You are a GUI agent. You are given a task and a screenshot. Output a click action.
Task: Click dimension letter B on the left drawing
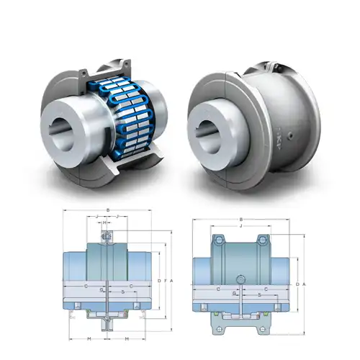click(x=107, y=210)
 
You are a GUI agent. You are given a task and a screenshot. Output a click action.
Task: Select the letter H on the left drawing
click(x=106, y=222)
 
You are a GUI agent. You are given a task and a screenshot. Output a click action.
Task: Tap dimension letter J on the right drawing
click(x=240, y=226)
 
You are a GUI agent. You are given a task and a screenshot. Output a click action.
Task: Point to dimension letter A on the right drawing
click(x=305, y=284)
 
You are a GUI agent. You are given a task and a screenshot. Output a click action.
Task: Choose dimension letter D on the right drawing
click(x=297, y=284)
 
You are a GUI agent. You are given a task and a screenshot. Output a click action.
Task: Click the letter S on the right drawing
click(x=258, y=295)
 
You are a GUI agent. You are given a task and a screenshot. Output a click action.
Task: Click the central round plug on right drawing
click(x=239, y=278)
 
